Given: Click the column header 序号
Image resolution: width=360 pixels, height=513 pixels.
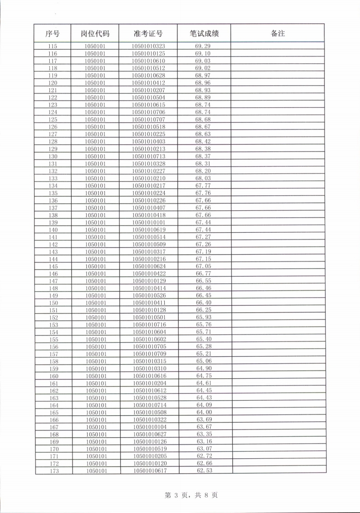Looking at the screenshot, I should click(53, 33).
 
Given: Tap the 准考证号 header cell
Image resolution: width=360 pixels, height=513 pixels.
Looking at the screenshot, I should click(148, 33).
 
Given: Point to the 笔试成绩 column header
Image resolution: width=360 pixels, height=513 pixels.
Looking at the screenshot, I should click(204, 33).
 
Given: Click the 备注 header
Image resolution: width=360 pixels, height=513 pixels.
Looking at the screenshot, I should click(277, 33).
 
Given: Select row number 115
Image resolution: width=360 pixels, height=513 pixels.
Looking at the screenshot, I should click(53, 46).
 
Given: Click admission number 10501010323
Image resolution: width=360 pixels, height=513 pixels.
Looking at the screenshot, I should click(148, 46).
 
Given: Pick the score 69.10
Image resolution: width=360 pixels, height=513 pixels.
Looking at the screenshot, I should click(203, 53).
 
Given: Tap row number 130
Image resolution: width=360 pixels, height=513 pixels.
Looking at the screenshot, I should click(53, 157).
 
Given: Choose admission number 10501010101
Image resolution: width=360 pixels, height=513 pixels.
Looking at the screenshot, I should click(149, 222).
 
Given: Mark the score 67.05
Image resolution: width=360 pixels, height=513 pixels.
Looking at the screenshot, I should click(203, 266).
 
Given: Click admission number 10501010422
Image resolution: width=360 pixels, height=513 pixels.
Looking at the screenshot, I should click(149, 273).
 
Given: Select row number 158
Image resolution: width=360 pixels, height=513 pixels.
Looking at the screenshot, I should click(54, 361).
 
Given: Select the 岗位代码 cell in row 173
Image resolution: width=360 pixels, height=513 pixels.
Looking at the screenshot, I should click(96, 471).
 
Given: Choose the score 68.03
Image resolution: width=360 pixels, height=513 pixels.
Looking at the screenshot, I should click(203, 178).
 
